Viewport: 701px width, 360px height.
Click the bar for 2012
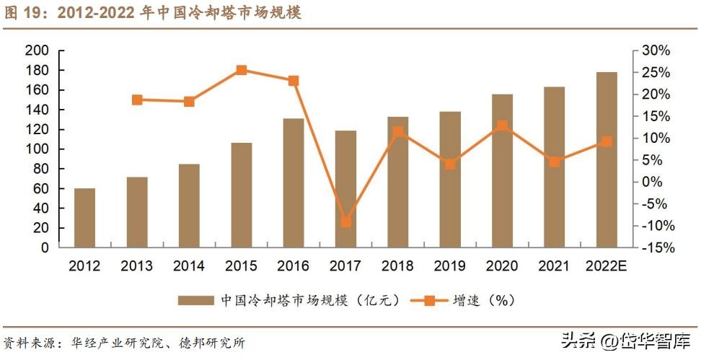pos(84,218)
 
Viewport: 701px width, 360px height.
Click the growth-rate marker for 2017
pos(345,222)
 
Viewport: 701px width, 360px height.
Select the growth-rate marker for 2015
pos(242,70)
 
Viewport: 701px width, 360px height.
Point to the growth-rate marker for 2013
pos(137,100)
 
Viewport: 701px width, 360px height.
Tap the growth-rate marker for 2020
pos(502,126)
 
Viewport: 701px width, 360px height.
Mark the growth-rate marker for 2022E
pos(607,141)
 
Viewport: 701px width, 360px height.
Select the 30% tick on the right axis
pos(657,51)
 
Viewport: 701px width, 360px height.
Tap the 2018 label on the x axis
pos(397,265)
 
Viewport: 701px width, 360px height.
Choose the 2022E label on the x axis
pos(606,265)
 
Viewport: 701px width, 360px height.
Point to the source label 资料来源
pos(26,343)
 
